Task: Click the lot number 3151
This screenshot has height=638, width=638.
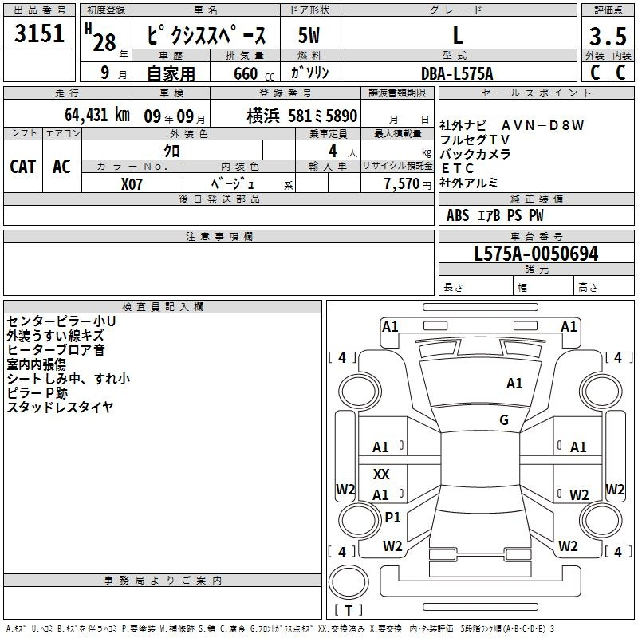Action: [39, 33]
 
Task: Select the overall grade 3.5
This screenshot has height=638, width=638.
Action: [608, 36]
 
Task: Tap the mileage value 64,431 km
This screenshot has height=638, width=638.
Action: [97, 115]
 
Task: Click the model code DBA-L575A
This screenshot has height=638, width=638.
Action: [457, 73]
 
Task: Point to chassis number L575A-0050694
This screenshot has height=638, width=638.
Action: [536, 254]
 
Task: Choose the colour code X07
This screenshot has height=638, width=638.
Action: [132, 184]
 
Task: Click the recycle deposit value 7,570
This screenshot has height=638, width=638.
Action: [402, 184]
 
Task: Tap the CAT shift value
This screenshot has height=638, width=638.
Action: [23, 167]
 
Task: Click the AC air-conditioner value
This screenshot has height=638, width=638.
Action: [62, 167]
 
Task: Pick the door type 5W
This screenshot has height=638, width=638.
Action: [309, 35]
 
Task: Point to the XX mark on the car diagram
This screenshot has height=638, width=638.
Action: [381, 474]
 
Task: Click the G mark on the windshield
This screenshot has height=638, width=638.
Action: [504, 420]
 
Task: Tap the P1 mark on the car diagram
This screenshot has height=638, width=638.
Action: [392, 517]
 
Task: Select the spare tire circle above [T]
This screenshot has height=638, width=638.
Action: [349, 582]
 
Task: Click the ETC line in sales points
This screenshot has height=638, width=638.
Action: [457, 168]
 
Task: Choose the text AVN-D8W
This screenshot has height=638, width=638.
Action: [543, 125]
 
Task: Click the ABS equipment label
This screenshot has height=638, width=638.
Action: [458, 215]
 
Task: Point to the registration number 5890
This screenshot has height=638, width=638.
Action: [341, 116]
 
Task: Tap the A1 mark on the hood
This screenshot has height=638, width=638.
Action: [514, 384]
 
